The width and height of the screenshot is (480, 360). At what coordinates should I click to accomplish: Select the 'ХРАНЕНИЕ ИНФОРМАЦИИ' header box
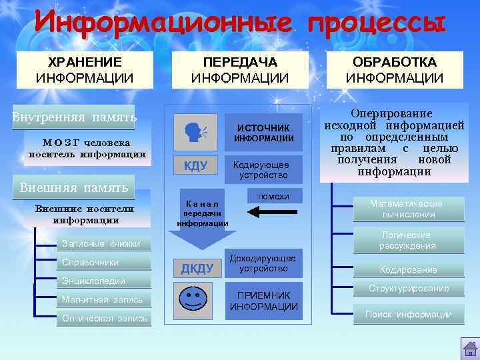click(x=85, y=70)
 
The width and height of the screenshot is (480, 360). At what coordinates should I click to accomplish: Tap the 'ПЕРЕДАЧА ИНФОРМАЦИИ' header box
click(x=240, y=70)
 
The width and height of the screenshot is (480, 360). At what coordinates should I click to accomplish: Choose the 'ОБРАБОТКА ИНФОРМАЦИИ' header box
click(x=395, y=70)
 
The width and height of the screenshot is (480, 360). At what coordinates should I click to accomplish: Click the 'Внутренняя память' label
click(x=74, y=118)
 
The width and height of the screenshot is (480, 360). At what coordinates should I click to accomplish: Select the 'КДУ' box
click(x=195, y=166)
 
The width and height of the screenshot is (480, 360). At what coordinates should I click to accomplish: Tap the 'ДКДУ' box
click(x=197, y=269)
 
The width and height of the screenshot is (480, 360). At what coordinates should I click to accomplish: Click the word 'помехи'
click(x=273, y=196)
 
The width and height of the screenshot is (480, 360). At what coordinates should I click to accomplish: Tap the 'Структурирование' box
click(x=409, y=289)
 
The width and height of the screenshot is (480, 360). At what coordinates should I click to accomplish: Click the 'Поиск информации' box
click(x=409, y=314)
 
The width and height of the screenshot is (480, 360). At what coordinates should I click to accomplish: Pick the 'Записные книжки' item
click(x=101, y=243)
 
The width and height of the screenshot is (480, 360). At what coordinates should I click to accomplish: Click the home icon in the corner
click(x=469, y=348)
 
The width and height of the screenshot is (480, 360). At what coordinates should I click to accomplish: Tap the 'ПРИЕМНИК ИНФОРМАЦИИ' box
click(x=264, y=301)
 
